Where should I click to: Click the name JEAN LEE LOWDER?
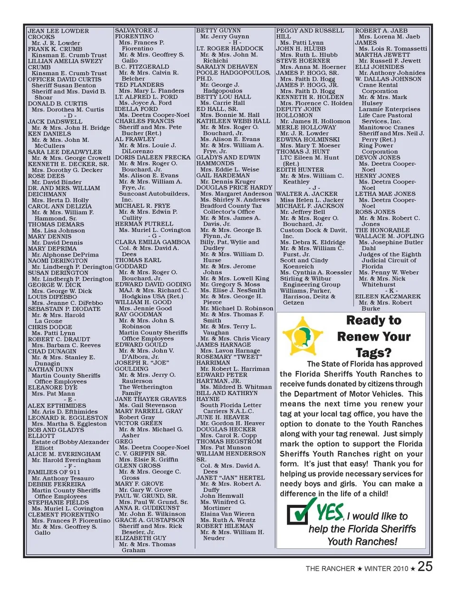point(58,31)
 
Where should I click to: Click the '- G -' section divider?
point(154,236)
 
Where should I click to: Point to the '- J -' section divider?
point(316,188)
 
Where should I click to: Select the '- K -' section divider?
point(391,290)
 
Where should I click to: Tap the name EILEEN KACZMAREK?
point(388,296)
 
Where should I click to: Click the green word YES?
point(330,512)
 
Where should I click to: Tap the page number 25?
point(425,566)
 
